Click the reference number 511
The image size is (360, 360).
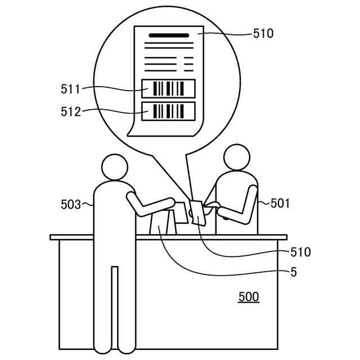coord(71,88)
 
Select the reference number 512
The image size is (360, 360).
coord(71,111)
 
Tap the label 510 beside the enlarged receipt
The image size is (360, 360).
coord(263,34)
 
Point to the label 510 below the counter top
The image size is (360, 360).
coord(300,252)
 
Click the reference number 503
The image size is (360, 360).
coord(71,205)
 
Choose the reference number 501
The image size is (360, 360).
coord(280,203)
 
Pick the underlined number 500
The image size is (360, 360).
coord(249,296)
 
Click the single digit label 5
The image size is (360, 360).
coord(293,273)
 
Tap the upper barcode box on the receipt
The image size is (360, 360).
coord(168,88)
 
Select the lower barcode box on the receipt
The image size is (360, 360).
coord(168,111)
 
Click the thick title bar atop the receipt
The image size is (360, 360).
coord(169,35)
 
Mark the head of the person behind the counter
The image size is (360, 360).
coord(236,158)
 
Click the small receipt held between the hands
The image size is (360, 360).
coord(199,213)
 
